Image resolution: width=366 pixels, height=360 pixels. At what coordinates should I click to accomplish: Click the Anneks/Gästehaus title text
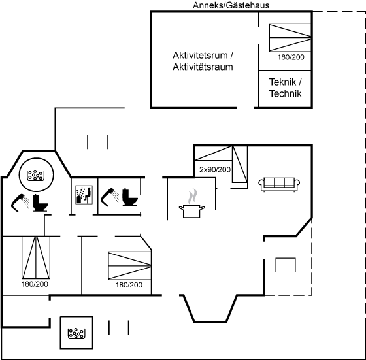(x=231, y=5)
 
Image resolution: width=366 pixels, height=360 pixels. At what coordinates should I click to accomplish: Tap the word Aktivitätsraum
(x=203, y=67)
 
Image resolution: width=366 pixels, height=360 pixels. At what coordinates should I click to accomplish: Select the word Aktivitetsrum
(x=200, y=56)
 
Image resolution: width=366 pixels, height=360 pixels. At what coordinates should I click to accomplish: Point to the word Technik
(x=285, y=93)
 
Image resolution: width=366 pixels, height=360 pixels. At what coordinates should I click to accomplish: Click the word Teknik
(x=282, y=82)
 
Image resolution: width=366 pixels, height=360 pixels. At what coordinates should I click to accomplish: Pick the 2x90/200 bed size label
(x=215, y=170)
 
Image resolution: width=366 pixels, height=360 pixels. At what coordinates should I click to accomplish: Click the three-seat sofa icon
(x=279, y=184)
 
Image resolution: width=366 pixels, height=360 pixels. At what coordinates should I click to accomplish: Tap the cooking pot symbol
(x=192, y=211)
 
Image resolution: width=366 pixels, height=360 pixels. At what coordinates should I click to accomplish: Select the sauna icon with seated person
(x=84, y=195)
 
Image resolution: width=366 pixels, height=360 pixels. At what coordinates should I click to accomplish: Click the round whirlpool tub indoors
(x=36, y=175)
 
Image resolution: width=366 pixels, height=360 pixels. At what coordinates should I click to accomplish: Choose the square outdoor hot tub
(x=76, y=333)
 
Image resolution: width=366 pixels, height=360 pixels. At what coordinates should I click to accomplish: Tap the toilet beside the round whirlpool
(x=40, y=203)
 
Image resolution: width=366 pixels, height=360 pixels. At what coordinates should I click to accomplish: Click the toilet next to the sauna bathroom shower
(x=130, y=197)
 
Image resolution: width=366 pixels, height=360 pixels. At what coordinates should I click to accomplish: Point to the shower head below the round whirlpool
(x=20, y=203)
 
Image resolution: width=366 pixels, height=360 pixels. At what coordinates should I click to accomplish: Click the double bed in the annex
(x=290, y=37)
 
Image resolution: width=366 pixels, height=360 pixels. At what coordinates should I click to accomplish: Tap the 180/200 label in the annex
(x=291, y=57)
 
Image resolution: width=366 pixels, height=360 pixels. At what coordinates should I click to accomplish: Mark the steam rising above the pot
(x=193, y=196)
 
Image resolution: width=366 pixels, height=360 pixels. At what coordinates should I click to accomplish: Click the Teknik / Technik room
(x=285, y=89)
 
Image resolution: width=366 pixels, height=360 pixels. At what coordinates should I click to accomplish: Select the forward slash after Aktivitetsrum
(x=231, y=56)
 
